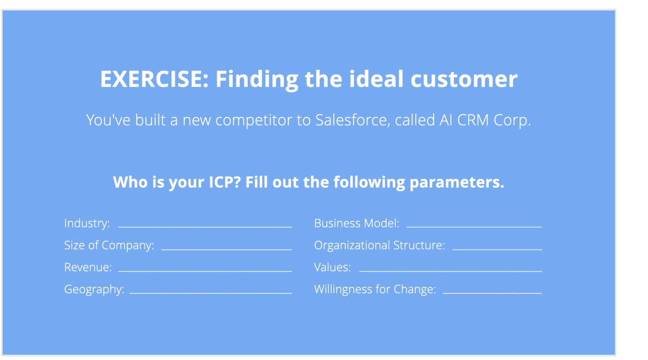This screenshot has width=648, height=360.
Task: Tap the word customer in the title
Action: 464,79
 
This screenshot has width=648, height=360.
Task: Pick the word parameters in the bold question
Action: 456,182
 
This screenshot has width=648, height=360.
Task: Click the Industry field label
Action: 87,223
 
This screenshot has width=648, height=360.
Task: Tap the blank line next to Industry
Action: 205,226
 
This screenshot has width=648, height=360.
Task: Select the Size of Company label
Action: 109,245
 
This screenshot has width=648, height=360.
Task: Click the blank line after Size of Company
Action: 226,249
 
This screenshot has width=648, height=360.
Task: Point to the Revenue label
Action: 88,267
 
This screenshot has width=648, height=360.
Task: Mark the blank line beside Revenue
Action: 205,271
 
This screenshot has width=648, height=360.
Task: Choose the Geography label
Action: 94,289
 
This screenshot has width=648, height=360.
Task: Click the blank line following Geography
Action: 210,293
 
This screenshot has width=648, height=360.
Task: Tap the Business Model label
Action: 357,223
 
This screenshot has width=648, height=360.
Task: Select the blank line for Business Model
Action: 474,226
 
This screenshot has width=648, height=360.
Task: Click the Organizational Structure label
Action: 379,245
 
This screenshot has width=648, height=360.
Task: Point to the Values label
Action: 332,267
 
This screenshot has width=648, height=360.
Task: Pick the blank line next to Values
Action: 450,271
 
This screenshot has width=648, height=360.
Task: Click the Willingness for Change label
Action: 375,289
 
